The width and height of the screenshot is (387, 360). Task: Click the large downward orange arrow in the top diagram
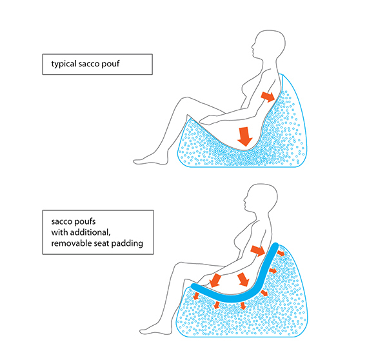pos(244,136)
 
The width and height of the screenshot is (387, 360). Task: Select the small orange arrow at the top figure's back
pos(267,97)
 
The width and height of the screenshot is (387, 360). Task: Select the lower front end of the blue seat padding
pos(193,286)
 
